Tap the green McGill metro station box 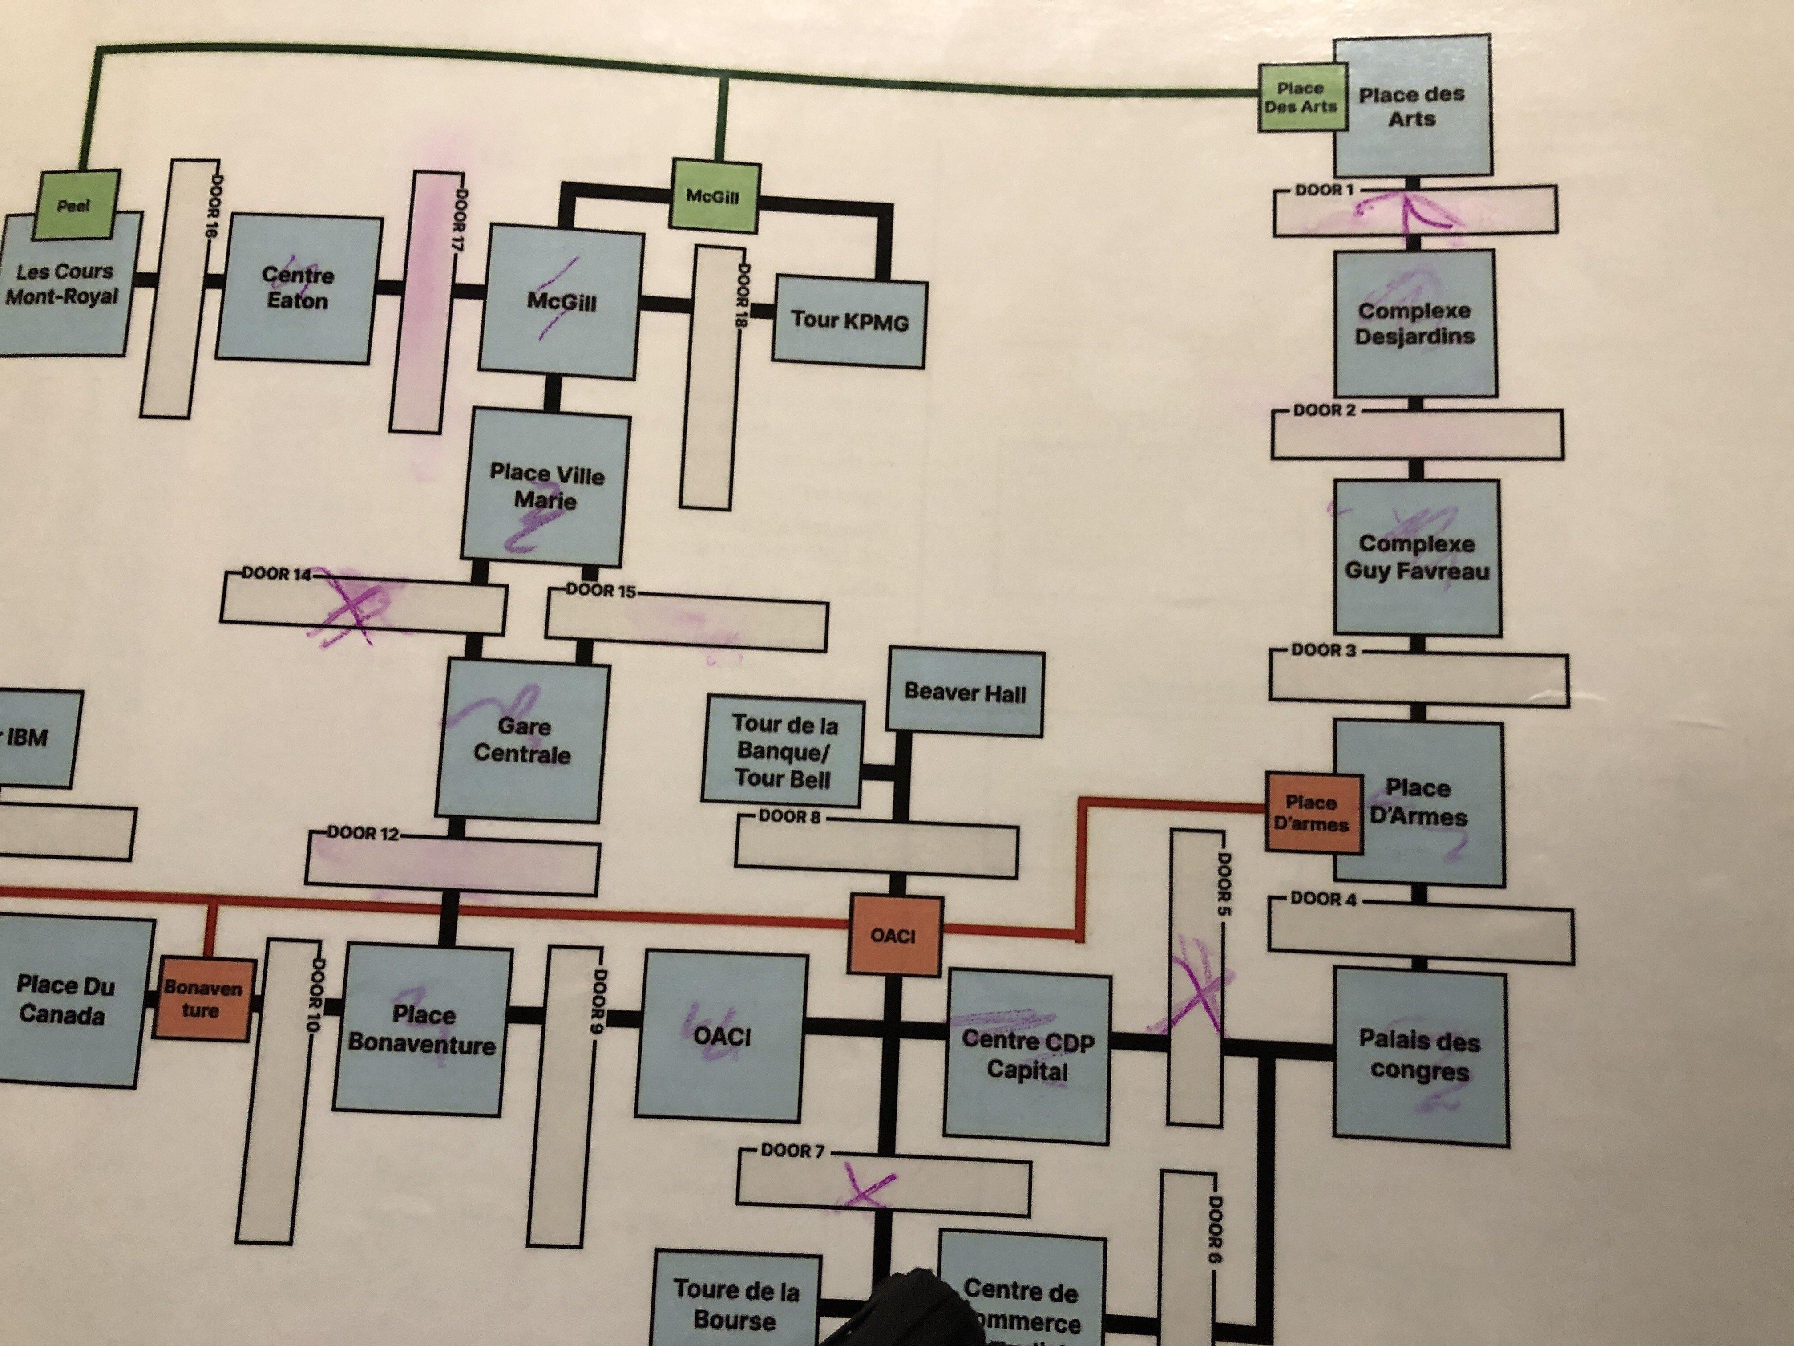click(x=713, y=195)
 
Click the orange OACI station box click(x=894, y=935)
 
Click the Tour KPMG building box click(x=849, y=320)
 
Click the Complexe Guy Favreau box click(x=1417, y=556)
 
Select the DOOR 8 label click(x=789, y=816)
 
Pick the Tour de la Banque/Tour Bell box click(x=784, y=751)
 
